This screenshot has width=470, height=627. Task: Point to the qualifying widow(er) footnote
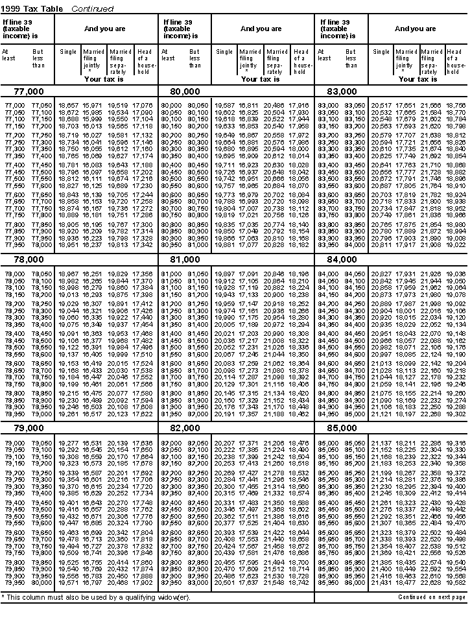97,597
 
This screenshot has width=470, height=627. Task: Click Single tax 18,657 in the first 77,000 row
68,104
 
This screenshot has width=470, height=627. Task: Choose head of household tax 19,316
456,443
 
